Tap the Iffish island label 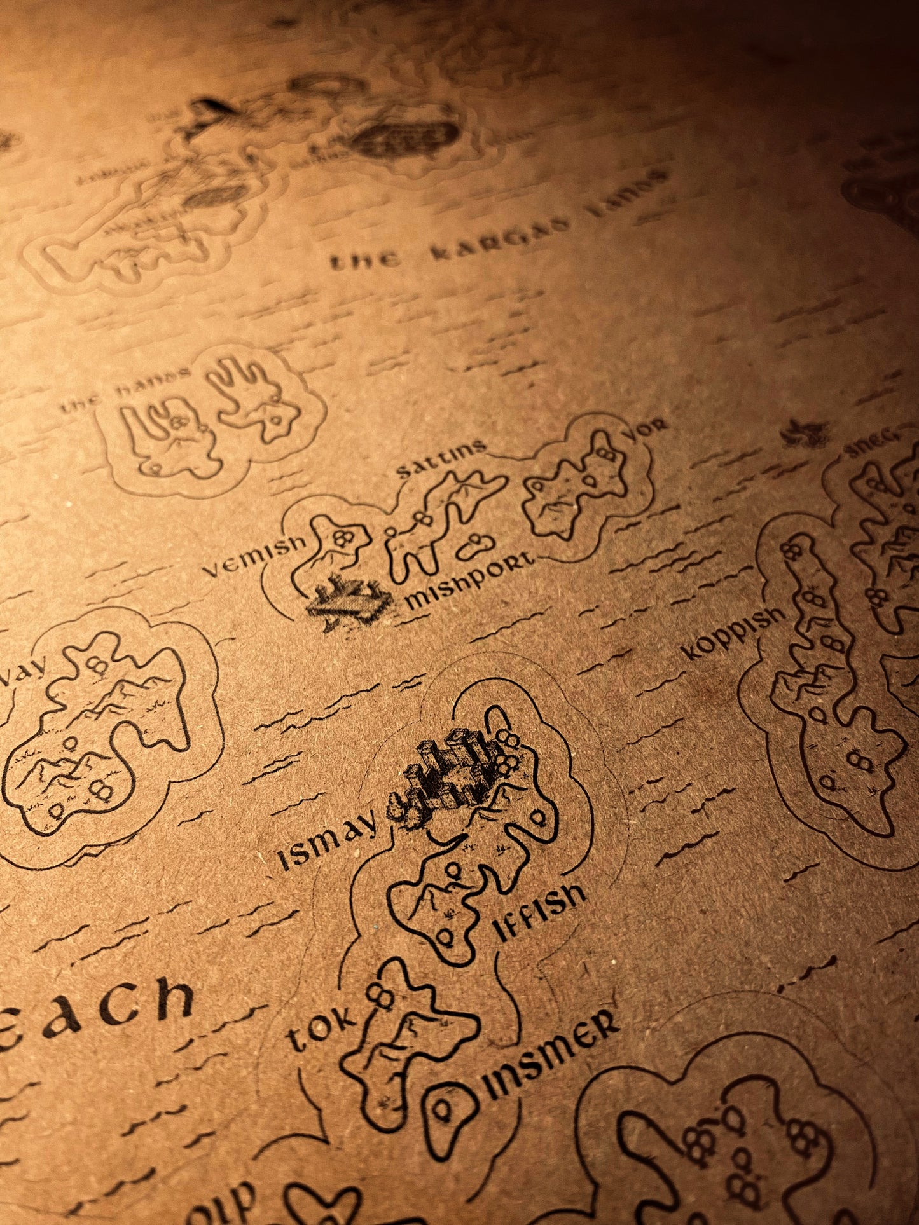point(539,911)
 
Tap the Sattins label point(440,459)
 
